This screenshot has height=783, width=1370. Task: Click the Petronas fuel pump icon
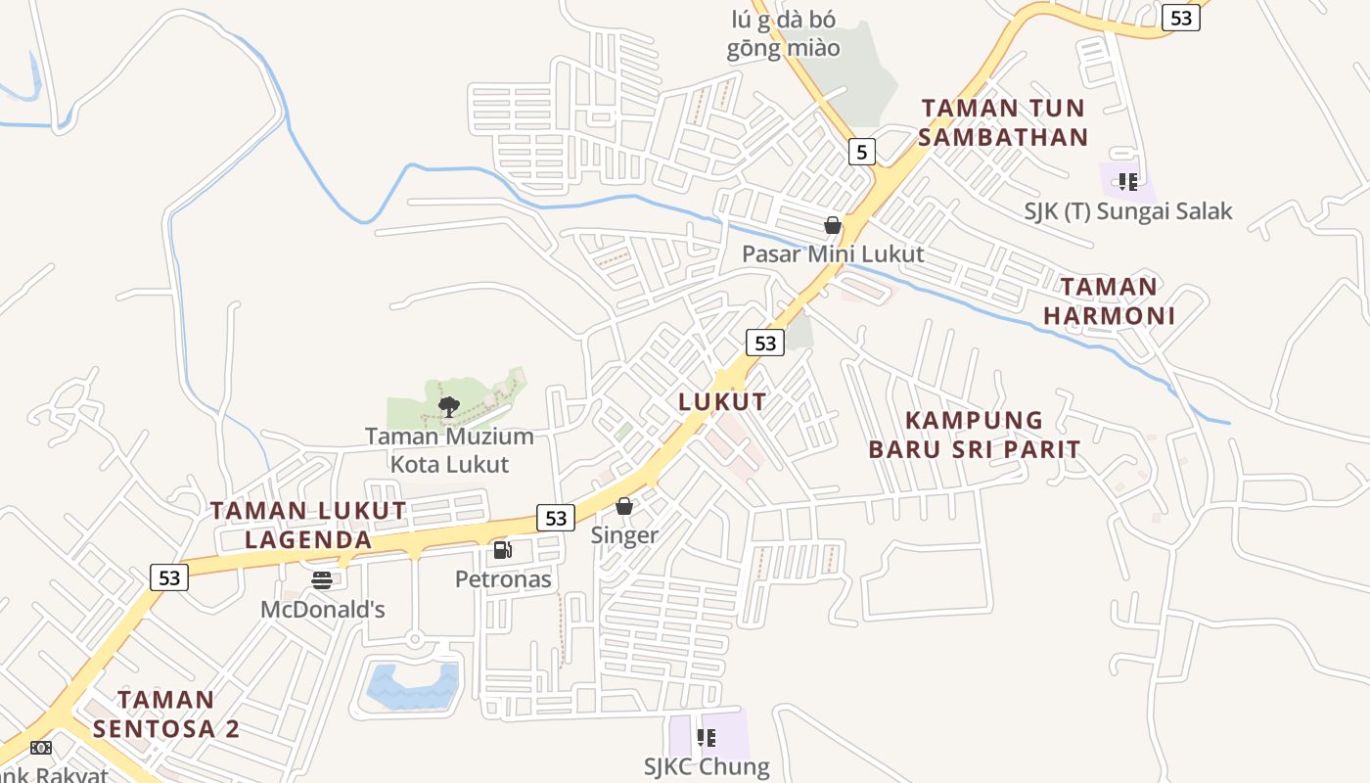[502, 550]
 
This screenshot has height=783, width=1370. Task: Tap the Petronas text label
[503, 579]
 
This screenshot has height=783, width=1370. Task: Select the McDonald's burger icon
[322, 580]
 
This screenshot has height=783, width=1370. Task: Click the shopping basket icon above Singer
[623, 506]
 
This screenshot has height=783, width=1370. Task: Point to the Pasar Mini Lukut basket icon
[832, 225]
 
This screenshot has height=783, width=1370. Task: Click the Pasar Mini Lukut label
[832, 254]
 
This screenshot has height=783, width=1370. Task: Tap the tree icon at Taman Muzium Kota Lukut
[448, 406]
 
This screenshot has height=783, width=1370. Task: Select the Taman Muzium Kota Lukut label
[449, 450]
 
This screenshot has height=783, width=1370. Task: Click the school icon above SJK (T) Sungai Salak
[1127, 181]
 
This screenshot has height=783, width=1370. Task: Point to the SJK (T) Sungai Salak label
[1127, 210]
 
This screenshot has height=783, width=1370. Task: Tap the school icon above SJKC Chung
[706, 738]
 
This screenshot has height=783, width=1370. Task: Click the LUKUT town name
[722, 402]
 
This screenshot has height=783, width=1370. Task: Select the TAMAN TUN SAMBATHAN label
[1003, 122]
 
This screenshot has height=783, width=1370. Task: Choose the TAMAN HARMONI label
[1109, 301]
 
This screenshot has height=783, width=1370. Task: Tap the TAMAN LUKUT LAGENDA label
[308, 525]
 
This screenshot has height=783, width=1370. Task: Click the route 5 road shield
[860, 151]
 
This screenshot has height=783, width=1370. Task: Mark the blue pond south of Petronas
[412, 686]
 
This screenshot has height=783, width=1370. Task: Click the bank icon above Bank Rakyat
[40, 748]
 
